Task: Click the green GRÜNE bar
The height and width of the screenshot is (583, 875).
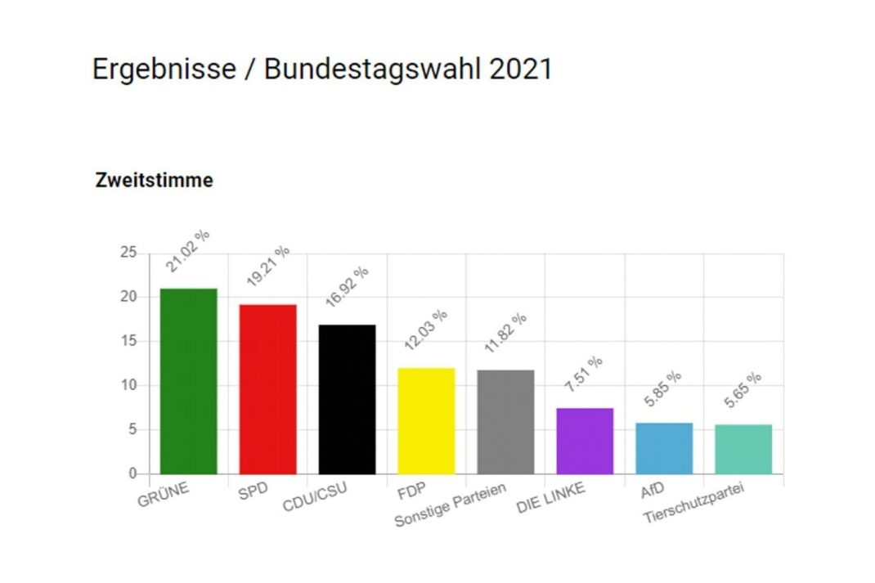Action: coord(189,381)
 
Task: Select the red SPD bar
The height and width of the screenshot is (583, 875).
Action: coord(268,389)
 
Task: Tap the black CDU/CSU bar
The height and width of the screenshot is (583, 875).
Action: coord(347,399)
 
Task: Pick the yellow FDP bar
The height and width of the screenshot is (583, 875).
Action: coord(426,420)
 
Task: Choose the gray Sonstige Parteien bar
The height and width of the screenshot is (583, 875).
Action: coord(505,422)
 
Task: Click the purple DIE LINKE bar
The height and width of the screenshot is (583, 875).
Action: coord(585,441)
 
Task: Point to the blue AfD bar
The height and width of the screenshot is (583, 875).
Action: coord(664,448)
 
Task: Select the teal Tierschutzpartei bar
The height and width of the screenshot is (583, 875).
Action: coord(743,449)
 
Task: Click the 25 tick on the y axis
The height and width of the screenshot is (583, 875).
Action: coord(128,253)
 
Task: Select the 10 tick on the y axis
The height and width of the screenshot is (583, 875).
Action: coord(128,385)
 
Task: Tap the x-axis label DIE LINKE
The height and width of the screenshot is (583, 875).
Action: coord(553,500)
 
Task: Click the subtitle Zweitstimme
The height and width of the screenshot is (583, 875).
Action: coord(155,181)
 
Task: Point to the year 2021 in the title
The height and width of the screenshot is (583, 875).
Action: coord(521,69)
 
